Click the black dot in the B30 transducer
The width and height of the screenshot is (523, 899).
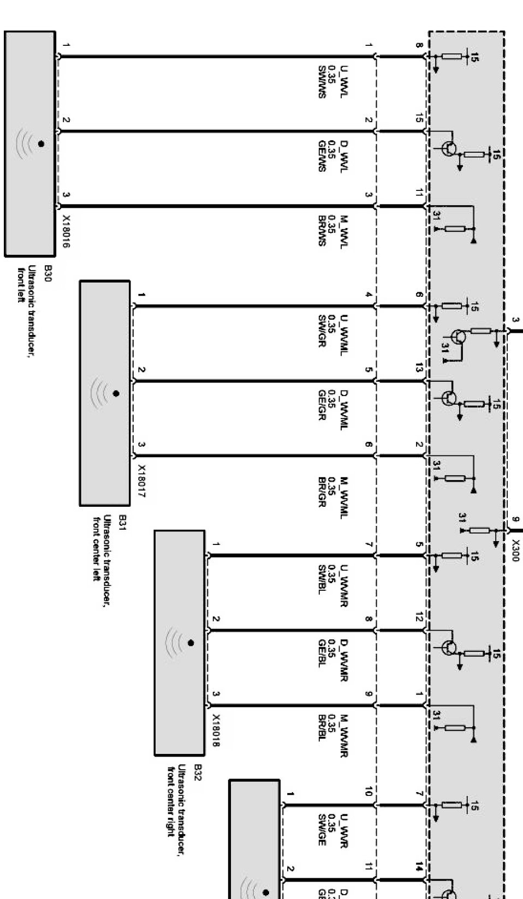tap(41, 144)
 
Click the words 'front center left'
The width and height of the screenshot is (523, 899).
tap(96, 549)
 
